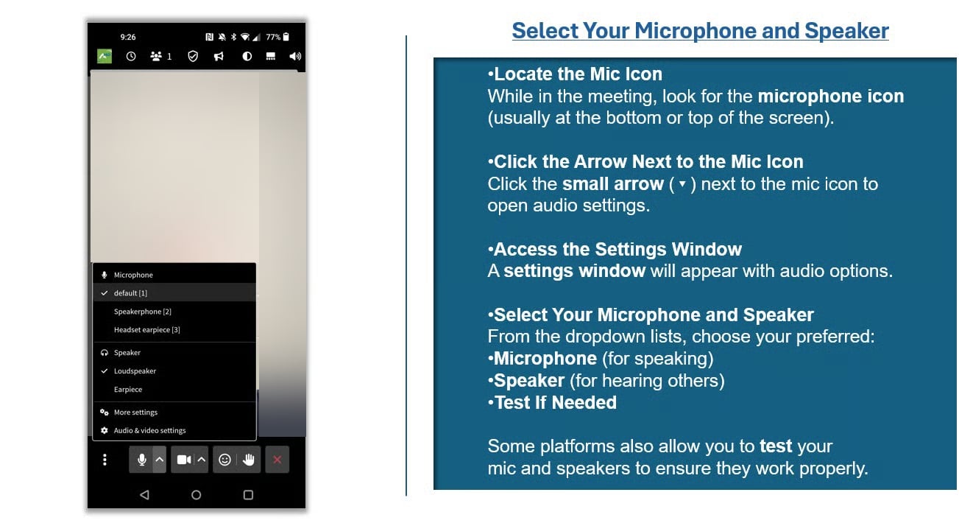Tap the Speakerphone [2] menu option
tap(143, 312)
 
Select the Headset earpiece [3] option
tap(147, 330)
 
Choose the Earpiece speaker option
tap(128, 390)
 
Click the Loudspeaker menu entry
tap(135, 371)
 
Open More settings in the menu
tap(135, 412)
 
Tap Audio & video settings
tap(150, 430)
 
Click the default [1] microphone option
tap(130, 293)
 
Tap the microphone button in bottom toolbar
tap(142, 460)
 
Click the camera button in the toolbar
tap(184, 460)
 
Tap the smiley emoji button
tap(224, 460)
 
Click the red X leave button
tap(277, 460)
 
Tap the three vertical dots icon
tap(105, 460)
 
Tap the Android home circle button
tap(196, 495)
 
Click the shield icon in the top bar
tap(193, 56)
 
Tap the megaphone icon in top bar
tap(219, 56)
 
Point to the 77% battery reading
tap(273, 37)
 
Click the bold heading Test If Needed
tap(555, 403)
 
